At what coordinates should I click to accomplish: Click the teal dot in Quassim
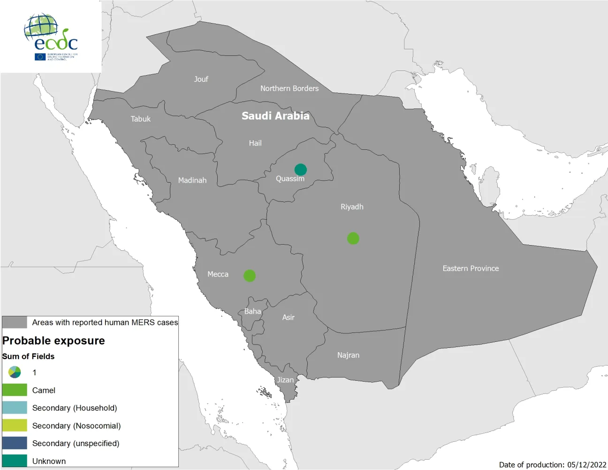[301, 170]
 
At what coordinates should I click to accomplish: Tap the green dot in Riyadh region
[353, 239]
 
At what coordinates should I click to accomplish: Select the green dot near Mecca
[250, 276]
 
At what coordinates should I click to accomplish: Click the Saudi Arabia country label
[275, 116]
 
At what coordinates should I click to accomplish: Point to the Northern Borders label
[289, 88]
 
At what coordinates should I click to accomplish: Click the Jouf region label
[201, 79]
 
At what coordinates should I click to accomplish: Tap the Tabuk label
[141, 119]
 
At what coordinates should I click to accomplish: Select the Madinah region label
[192, 180]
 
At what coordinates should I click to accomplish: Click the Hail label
[255, 143]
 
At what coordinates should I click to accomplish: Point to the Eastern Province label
[471, 269]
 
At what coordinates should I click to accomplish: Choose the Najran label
[348, 355]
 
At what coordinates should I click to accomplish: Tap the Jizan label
[285, 380]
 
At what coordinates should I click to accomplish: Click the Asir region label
[289, 317]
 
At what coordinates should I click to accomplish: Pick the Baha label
[252, 311]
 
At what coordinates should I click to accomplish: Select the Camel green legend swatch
[15, 390]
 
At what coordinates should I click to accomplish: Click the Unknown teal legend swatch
[15, 461]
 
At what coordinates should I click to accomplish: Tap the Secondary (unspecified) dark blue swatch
[15, 443]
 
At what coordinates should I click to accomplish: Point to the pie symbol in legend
[15, 372]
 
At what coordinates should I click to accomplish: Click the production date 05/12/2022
[586, 464]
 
